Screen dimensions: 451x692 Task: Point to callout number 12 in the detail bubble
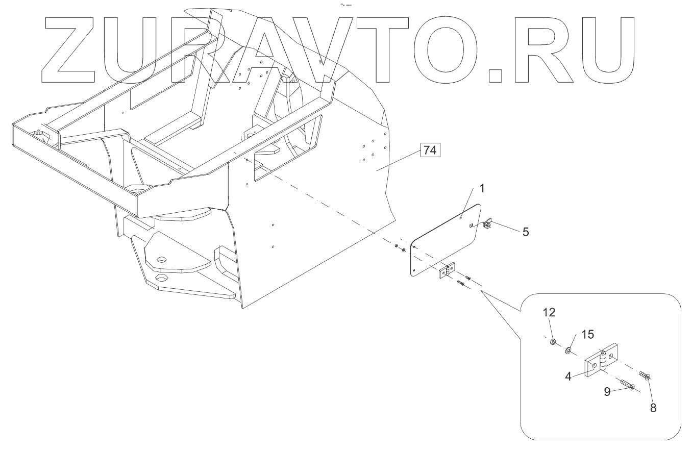[549, 312]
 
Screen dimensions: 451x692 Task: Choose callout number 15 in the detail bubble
[587, 334]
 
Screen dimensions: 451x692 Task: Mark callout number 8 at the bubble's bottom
[653, 408]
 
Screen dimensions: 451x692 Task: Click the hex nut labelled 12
[553, 341]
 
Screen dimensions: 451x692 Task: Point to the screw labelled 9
[626, 385]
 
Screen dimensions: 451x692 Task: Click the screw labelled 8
[645, 376]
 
